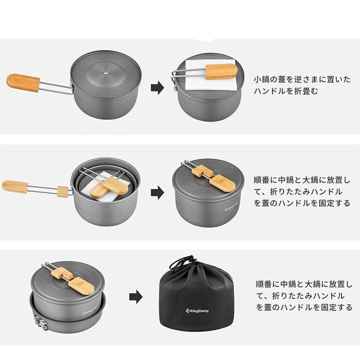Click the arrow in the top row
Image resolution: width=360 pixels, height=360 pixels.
pos(157,88)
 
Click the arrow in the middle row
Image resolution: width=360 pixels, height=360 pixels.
pos(157,192)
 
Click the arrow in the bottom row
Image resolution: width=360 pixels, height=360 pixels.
pos(136,296)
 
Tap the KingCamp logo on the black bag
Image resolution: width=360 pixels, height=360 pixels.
pos(197,311)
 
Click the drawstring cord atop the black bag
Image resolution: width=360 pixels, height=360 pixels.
pos(182,263)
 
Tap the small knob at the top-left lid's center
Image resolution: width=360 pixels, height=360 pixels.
pos(106,73)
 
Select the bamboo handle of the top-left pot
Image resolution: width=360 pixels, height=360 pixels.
pos(23,83)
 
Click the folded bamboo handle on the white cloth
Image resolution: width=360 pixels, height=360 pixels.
pos(221,71)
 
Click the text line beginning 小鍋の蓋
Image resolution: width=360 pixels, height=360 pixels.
pos(302,79)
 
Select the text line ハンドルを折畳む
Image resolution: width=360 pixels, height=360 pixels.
pos(286,91)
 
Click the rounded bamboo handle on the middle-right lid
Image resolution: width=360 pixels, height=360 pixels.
pos(222,183)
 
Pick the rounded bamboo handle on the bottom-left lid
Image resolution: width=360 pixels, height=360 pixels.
pos(82,286)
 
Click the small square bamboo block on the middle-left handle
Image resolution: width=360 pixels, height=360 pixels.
pos(63,191)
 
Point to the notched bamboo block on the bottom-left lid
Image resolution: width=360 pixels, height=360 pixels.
pos(62,273)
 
